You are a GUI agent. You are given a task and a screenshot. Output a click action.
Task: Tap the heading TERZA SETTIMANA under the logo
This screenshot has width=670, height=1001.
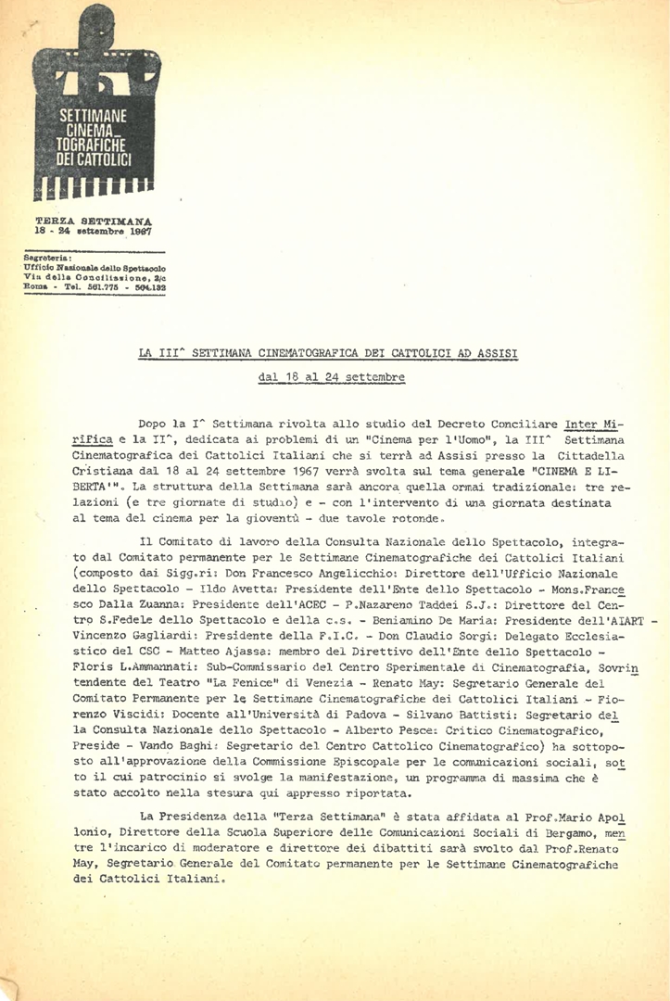coord(94,221)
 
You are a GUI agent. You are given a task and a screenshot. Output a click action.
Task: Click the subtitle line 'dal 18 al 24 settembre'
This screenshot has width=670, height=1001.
coord(318,378)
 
